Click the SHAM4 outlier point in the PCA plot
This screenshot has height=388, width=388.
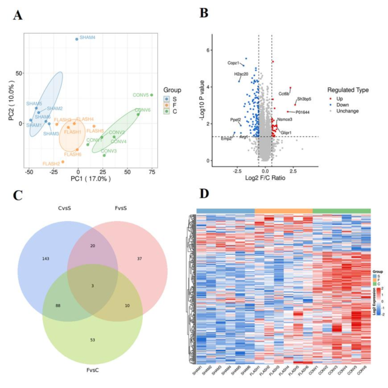(77, 39)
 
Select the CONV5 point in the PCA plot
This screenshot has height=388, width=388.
(152, 95)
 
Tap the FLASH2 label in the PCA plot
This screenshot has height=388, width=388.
(51, 164)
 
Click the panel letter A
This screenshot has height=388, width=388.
(18, 15)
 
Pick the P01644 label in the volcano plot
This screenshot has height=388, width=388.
(302, 112)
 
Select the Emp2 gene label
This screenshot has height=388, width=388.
(227, 139)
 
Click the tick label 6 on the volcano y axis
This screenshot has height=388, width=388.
(208, 50)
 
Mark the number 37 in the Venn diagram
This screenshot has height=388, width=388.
(140, 258)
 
